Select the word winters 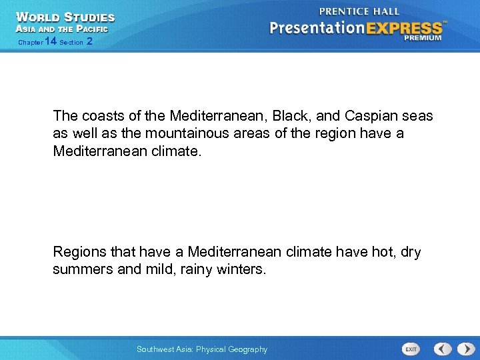pos(241,270)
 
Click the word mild pos(161,270)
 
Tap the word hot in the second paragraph pos(381,253)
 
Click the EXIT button pos(411,349)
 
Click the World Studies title pos(65,17)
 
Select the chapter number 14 pos(49,41)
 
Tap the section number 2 pos(89,41)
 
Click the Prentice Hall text pos(359,11)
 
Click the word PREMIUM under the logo pos(422,39)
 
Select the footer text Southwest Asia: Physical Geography pos(201,349)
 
